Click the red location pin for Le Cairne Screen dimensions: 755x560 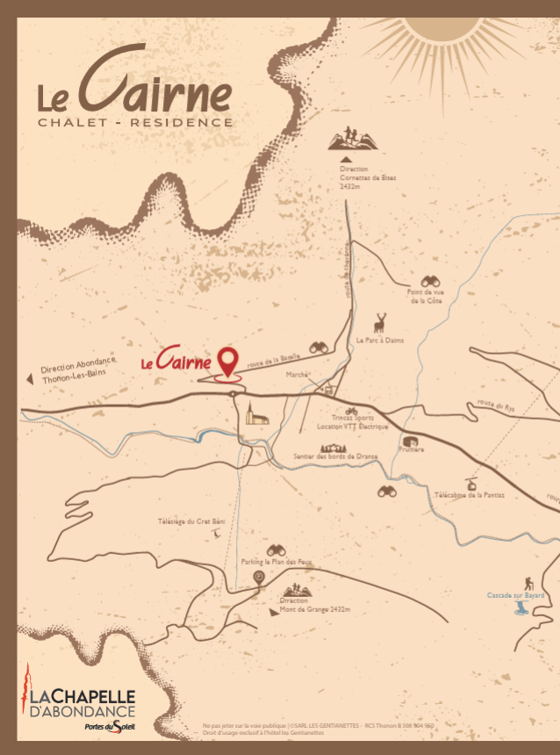228,361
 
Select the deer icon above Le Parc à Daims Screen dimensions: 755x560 380,322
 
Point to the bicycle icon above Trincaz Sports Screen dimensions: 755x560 351,410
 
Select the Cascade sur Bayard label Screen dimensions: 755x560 515,595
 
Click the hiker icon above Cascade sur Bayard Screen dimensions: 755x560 529,583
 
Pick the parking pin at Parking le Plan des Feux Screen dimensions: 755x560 259,577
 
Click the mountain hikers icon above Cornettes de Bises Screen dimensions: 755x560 348,139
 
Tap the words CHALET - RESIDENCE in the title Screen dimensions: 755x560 135,122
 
